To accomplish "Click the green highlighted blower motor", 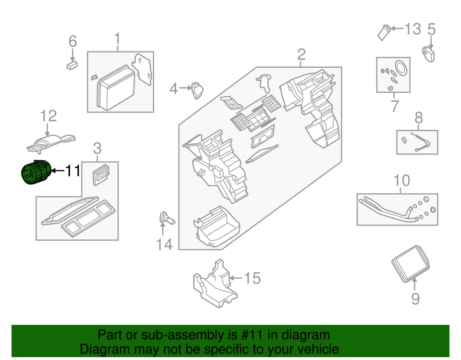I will [x=35, y=172].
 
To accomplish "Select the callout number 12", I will [x=48, y=116].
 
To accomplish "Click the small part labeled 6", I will [x=72, y=65].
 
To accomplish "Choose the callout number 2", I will [x=301, y=54].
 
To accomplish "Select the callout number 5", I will [x=431, y=30].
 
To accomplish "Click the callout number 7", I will [x=394, y=106].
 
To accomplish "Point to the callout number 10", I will [x=402, y=181].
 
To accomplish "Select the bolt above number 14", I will [x=166, y=218].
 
